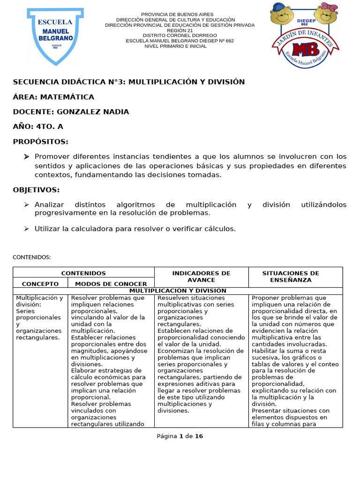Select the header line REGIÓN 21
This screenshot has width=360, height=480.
pyautogui.click(x=180, y=30)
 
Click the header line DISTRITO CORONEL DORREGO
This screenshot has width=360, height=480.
pyautogui.click(x=180, y=36)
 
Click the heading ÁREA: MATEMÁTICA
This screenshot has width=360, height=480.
pyautogui.click(x=53, y=97)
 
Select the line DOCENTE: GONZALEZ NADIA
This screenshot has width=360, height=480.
pyautogui.click(x=71, y=112)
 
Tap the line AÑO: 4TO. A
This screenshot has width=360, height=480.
pyautogui.click(x=38, y=127)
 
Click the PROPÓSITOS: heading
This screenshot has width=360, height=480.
pyautogui.click(x=41, y=142)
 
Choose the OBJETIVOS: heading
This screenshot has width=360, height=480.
pyautogui.click(x=36, y=190)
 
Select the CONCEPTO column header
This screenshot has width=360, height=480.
pyautogui.click(x=40, y=284)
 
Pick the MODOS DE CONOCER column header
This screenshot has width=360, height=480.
pyautogui.click(x=111, y=284)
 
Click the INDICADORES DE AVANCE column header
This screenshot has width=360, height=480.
pyautogui.click(x=201, y=277)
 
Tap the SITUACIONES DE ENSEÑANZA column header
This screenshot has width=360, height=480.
pyautogui.click(x=290, y=277)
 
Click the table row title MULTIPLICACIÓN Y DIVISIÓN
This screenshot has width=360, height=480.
pyautogui.click(x=178, y=291)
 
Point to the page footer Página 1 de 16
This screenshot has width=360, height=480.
pyautogui.click(x=180, y=436)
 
